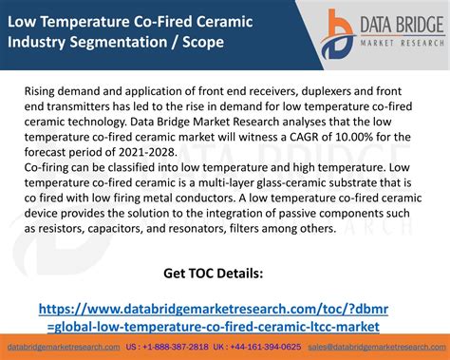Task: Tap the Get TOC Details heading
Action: (213, 275)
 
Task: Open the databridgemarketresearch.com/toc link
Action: (213, 317)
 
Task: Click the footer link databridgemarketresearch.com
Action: (64, 348)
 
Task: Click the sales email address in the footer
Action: (374, 348)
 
